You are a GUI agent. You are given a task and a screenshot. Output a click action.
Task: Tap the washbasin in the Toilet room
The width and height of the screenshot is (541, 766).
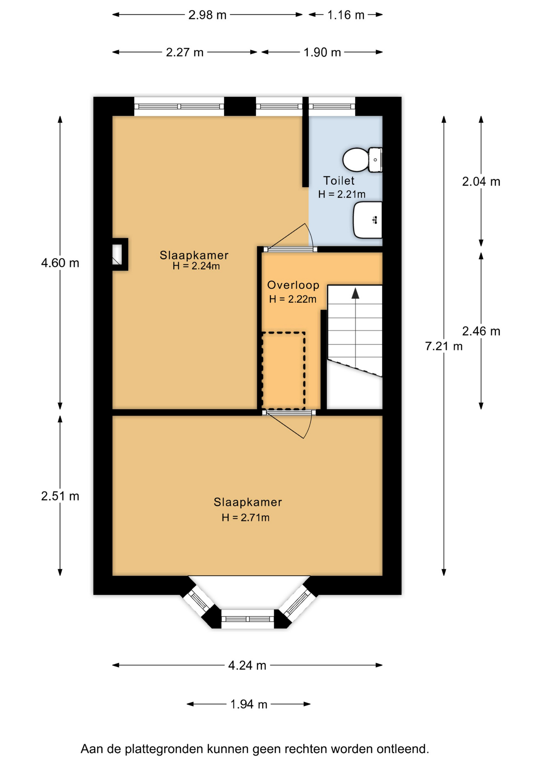[x=368, y=220]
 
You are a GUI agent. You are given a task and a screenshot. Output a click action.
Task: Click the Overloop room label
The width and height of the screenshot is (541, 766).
[x=293, y=285]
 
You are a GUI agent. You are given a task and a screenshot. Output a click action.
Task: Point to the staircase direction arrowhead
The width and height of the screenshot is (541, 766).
[x=355, y=294]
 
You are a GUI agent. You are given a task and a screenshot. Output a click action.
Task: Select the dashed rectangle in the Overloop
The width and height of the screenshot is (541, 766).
[x=283, y=371]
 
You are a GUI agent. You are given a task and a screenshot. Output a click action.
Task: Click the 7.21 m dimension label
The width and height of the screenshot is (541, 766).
[x=444, y=346]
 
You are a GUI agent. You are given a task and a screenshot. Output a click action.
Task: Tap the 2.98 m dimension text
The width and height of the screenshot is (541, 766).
[x=207, y=15]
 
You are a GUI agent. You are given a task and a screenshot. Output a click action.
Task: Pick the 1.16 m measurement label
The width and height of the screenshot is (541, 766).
[x=346, y=15]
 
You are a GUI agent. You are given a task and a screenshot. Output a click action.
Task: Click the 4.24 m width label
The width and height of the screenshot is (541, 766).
[x=247, y=665]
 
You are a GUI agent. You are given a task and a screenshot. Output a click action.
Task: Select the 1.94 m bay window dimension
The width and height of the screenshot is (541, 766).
[x=249, y=704]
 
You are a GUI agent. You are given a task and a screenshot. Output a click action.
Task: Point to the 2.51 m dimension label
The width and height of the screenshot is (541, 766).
[x=60, y=496]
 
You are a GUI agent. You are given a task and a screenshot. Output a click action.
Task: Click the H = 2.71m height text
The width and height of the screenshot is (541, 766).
[x=245, y=517]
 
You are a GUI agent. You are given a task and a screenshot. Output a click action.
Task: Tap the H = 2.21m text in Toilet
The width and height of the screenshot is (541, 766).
[x=342, y=194]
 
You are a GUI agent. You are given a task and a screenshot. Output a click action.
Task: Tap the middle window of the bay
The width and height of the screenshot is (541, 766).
[x=247, y=619]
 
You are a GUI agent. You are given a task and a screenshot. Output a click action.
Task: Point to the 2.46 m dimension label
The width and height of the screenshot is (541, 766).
[x=481, y=331]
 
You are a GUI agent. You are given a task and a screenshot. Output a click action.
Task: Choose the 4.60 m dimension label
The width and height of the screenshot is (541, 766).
[x=60, y=263]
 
